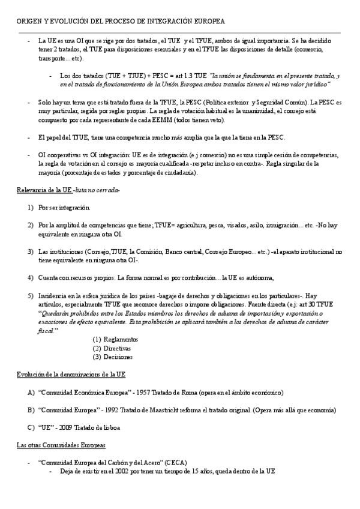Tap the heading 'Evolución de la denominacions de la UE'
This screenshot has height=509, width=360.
(x=71, y=374)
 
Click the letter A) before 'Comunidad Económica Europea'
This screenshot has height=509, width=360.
(x=31, y=392)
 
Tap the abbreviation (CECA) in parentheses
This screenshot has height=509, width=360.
(x=175, y=462)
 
